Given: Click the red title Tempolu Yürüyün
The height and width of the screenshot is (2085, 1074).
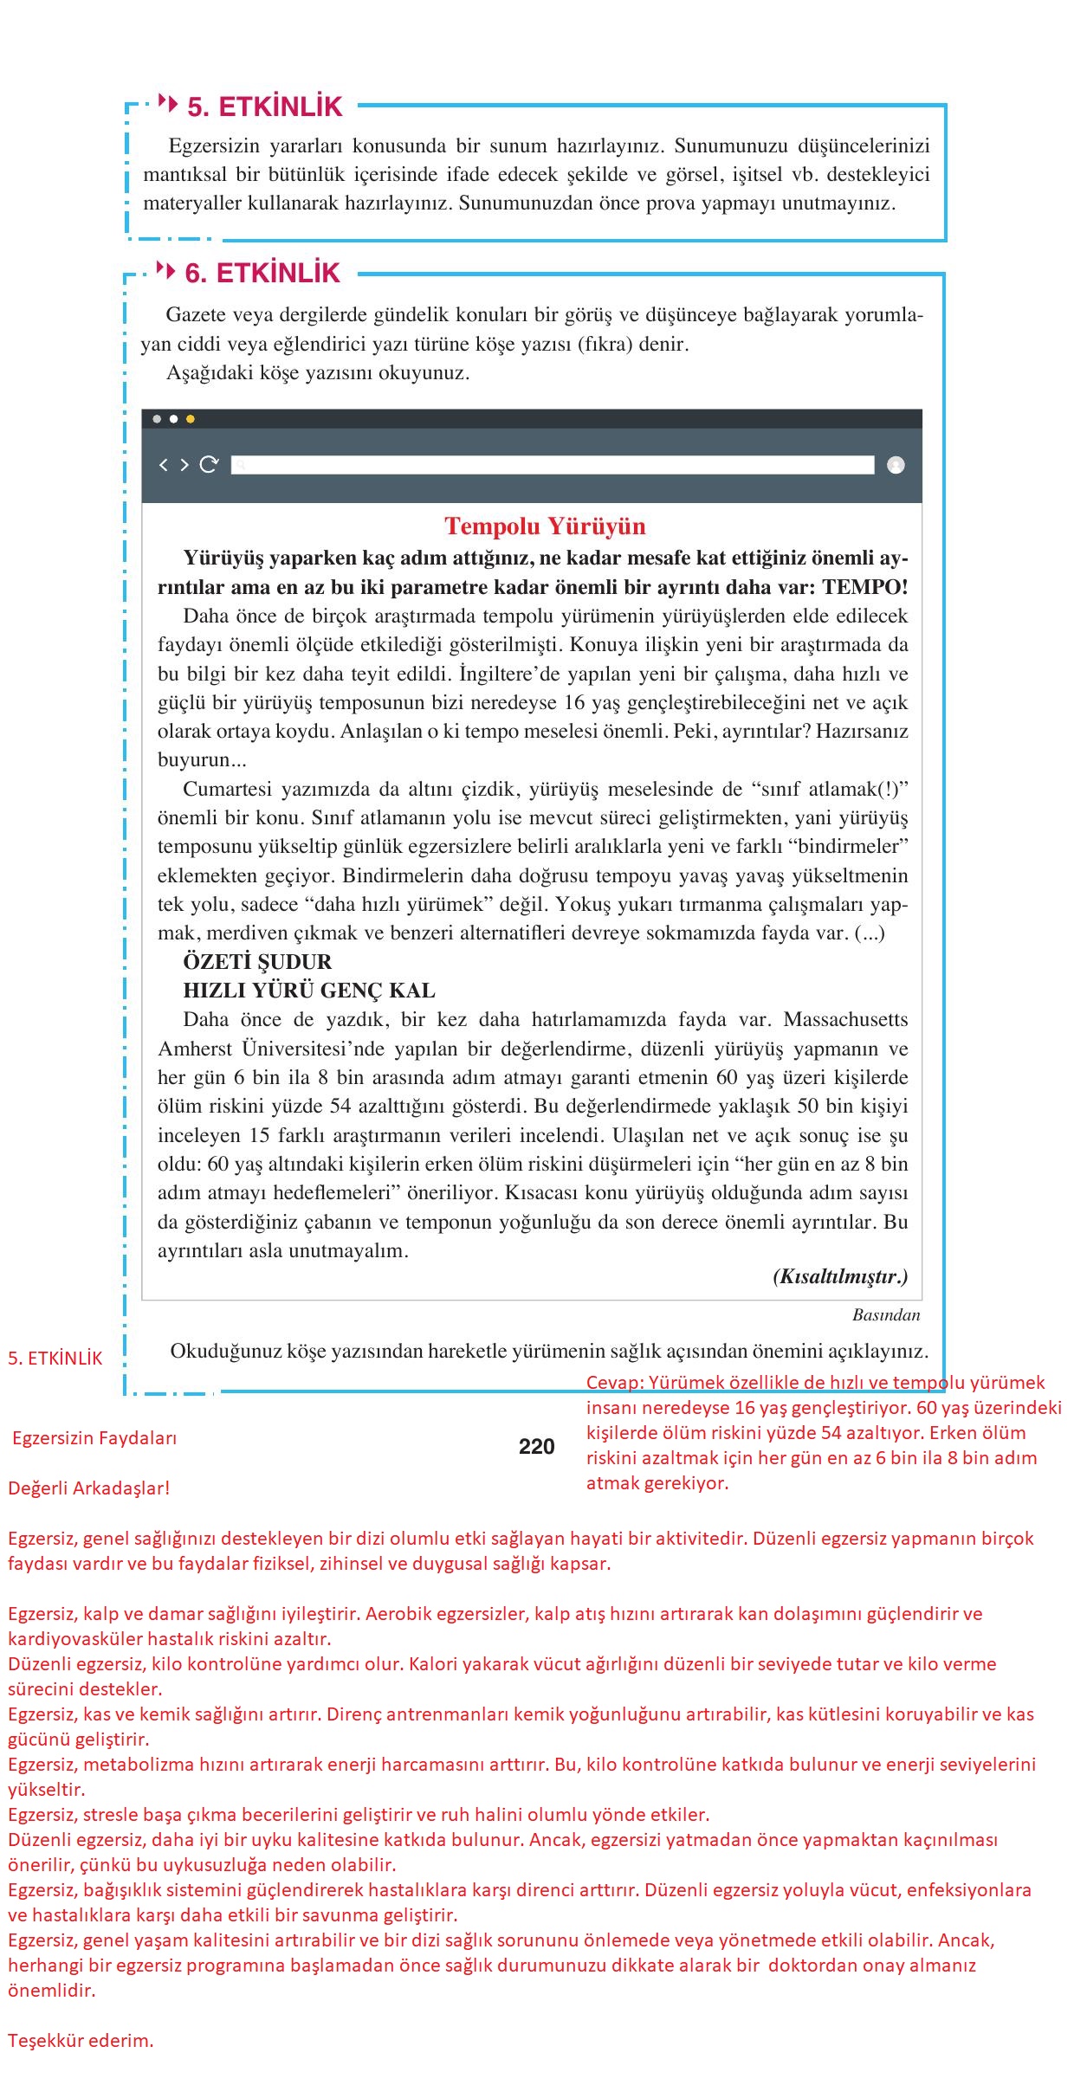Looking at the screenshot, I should pos(545,526).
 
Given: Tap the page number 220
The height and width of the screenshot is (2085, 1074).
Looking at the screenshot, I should pos(536,1446).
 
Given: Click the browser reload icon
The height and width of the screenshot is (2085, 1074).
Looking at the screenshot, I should pos(209,465).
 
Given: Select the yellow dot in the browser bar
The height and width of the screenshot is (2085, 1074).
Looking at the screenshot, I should pos(191,419).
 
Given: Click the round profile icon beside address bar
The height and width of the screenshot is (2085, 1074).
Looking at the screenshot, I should pos(896,465).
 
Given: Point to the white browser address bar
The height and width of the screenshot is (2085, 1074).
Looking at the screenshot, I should pos(554,465).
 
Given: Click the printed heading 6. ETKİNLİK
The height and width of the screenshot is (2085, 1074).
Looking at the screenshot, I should pos(262,274).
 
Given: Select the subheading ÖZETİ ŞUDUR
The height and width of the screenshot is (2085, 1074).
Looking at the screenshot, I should pos(257,962).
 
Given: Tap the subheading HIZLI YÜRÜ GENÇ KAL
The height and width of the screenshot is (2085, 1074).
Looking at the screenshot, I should pos(309,991).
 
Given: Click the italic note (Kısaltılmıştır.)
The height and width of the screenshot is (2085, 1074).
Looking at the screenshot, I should pos(839,1277).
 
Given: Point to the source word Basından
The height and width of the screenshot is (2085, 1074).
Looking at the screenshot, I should pos(885,1315).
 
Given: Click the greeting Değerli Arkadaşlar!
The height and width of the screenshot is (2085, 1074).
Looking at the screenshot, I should pos(89,1488).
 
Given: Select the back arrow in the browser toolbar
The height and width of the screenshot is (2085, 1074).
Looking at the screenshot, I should pos(163,465).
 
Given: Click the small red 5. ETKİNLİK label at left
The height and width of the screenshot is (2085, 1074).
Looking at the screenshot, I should pos(55,1359).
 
